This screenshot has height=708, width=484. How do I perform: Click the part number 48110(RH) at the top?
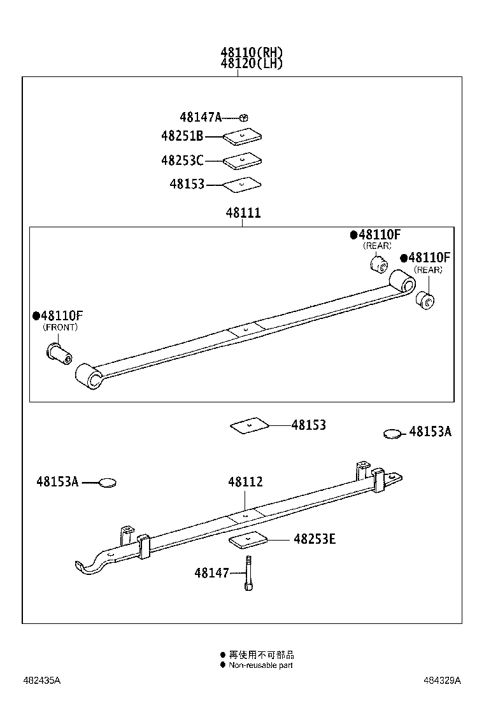click(x=252, y=53)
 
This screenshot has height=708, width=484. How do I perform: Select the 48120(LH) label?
click(x=252, y=64)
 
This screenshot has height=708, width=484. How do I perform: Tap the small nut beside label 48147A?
click(x=244, y=117)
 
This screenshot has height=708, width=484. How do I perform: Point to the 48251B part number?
click(x=182, y=136)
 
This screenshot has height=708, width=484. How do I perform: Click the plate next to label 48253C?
click(x=243, y=160)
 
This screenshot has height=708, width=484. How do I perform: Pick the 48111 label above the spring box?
click(x=243, y=214)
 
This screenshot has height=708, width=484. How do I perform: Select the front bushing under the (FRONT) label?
click(x=59, y=351)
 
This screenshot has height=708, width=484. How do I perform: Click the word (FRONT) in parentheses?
click(x=60, y=327)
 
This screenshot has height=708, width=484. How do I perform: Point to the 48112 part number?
click(x=245, y=483)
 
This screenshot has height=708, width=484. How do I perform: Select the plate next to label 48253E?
click(x=248, y=540)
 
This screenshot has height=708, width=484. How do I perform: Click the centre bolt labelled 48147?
click(x=248, y=573)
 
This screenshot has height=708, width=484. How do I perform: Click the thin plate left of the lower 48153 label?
click(x=249, y=425)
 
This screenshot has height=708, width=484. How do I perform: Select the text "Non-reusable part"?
click(x=260, y=665)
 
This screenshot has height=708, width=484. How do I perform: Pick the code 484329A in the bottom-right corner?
click(x=442, y=681)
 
